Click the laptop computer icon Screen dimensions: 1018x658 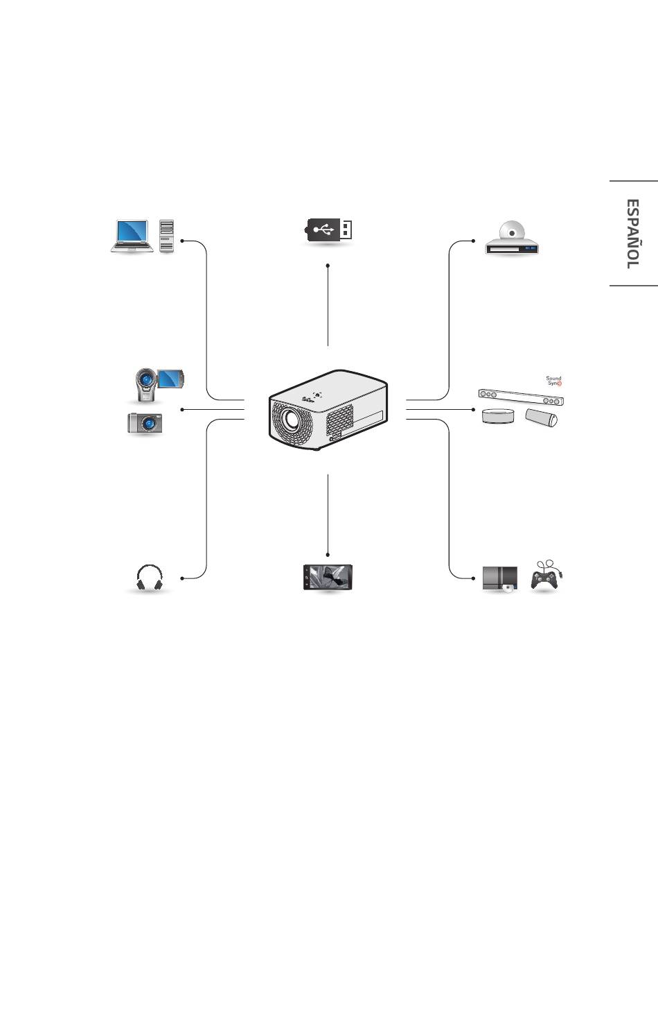[132, 236]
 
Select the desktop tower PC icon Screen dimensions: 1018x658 [166, 236]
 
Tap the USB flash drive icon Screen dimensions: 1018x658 [329, 230]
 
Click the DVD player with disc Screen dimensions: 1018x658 [513, 239]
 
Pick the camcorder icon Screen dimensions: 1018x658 [158, 383]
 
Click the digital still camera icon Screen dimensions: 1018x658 [145, 423]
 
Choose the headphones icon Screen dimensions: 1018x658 [150, 578]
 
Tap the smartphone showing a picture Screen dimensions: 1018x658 [328, 578]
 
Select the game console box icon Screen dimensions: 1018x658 [499, 579]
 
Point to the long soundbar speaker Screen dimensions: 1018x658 [521, 397]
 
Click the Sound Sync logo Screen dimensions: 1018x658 [553, 381]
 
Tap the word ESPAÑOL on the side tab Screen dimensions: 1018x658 [632, 234]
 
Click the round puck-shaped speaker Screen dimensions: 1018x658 [499, 416]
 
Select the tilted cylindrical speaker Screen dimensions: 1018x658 [541, 417]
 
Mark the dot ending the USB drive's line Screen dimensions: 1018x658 [328, 265]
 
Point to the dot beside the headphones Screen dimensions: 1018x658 [181, 578]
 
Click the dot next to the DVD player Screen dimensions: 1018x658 [473, 241]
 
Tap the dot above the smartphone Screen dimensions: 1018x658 [328, 554]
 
